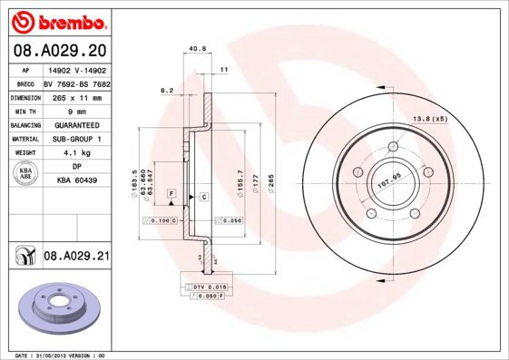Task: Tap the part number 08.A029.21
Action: (76, 258)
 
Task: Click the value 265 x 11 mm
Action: (75, 96)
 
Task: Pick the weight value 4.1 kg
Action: (76, 153)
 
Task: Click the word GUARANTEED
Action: (75, 124)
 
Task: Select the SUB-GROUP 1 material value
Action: (75, 139)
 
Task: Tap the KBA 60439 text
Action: (76, 181)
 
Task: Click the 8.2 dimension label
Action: (166, 90)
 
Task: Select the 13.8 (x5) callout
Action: (431, 119)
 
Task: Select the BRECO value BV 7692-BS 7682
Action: (76, 83)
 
